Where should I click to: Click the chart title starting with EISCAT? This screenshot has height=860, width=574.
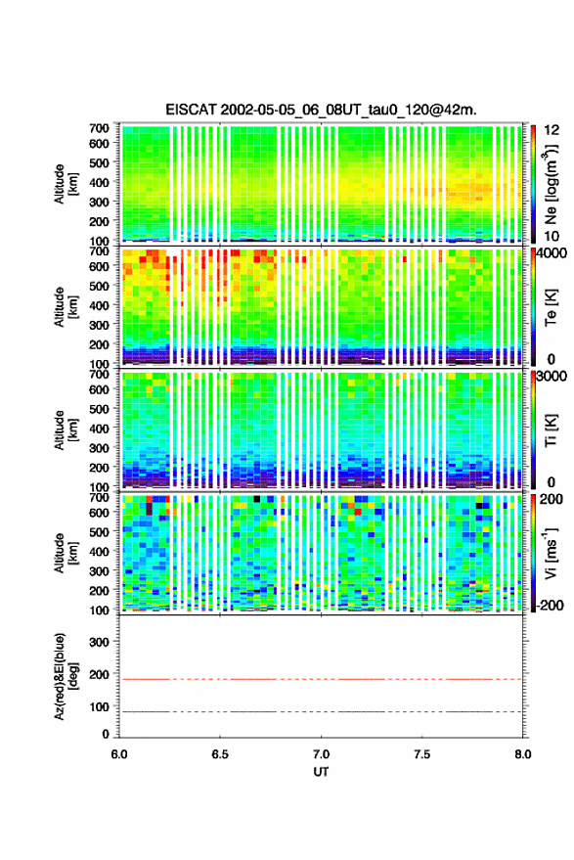(x=321, y=110)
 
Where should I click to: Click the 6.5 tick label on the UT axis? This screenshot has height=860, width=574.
(x=220, y=754)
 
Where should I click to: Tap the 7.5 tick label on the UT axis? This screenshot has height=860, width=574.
(x=421, y=754)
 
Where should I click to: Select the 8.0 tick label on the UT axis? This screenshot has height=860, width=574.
(x=522, y=754)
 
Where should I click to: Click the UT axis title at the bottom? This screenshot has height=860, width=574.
(x=321, y=772)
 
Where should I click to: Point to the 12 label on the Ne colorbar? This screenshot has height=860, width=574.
(x=552, y=130)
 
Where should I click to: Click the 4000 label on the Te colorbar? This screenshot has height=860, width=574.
(x=551, y=253)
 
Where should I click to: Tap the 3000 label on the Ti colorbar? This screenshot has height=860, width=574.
(x=551, y=377)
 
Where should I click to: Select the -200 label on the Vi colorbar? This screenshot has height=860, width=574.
(x=550, y=606)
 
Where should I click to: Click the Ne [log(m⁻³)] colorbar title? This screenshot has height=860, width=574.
(x=552, y=184)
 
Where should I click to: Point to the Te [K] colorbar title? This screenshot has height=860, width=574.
(x=551, y=307)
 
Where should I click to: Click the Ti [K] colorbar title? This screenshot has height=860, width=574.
(x=551, y=430)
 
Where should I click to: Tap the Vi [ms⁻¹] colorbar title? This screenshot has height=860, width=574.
(x=551, y=553)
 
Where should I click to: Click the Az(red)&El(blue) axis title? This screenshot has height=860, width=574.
(x=66, y=676)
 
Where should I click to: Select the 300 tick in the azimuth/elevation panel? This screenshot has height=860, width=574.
(x=99, y=642)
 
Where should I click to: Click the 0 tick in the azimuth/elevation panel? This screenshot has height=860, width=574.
(x=106, y=734)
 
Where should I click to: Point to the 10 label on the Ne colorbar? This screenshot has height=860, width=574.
(x=552, y=237)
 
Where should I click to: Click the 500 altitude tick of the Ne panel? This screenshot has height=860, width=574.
(x=99, y=162)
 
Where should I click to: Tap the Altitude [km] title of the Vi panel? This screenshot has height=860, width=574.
(x=66, y=553)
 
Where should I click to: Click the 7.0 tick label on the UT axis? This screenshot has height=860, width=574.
(x=321, y=754)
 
